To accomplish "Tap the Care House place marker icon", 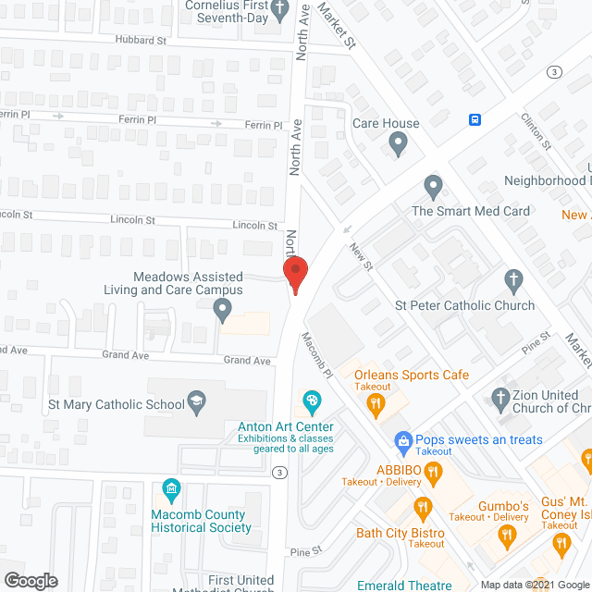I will point(398,143).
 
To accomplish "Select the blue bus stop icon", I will point(475,119).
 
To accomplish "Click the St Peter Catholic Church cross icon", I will point(513,280).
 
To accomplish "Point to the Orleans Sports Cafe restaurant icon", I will point(375,402).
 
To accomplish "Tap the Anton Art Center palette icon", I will point(312,402).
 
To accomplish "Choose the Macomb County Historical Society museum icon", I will point(170,488).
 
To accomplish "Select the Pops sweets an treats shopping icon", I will point(402,441).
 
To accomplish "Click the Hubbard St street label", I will point(141,41).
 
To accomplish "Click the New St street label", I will point(360,258).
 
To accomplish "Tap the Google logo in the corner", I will point(31,580).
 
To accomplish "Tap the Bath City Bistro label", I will point(401,534).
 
